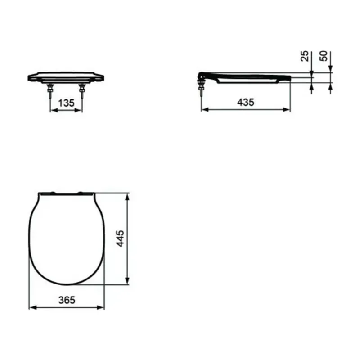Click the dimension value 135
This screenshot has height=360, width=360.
pos(66,103)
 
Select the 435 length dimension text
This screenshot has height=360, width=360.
pos(246,102)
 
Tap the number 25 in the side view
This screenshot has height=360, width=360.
pos(304,56)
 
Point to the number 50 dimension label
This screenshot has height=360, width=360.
pos(323,56)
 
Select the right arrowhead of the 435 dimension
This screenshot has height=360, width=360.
pos(288,109)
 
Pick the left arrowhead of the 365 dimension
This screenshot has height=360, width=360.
pos(31,307)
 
